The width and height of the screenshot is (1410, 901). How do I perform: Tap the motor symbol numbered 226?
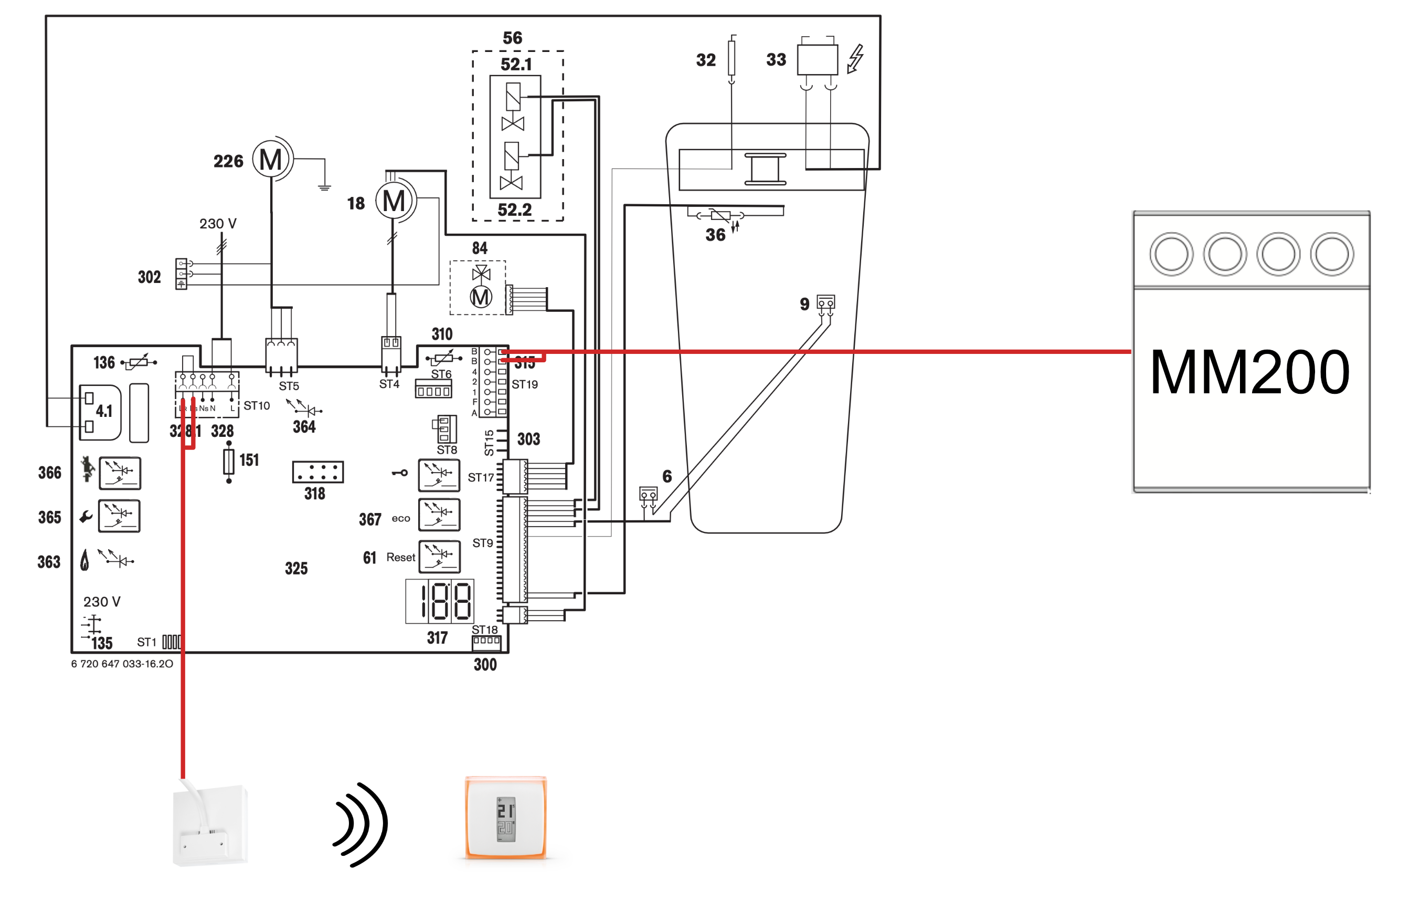pyautogui.click(x=271, y=159)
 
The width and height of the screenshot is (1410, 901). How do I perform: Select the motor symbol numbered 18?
pyautogui.click(x=394, y=202)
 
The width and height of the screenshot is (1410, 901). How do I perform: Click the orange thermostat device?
pyautogui.click(x=505, y=817)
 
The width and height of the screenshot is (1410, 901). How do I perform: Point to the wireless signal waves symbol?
pyautogui.click(x=361, y=824)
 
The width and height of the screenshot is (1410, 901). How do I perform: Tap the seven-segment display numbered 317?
pyautogui.click(x=440, y=601)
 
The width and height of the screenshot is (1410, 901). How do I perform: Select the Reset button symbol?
pyautogui.click(x=439, y=557)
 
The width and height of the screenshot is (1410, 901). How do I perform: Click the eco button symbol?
pyautogui.click(x=439, y=515)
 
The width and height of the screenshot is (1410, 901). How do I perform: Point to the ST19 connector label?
pyautogui.click(x=525, y=385)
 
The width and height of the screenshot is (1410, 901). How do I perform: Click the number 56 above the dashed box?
pyautogui.click(x=512, y=38)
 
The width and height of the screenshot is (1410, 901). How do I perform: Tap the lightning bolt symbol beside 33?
pyautogui.click(x=855, y=59)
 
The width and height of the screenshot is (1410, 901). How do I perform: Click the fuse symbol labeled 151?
pyautogui.click(x=229, y=462)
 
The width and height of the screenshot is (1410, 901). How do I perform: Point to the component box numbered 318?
pyautogui.click(x=318, y=472)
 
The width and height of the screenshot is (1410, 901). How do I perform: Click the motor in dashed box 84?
pyautogui.click(x=481, y=297)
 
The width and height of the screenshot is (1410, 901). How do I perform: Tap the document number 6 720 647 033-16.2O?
pyautogui.click(x=122, y=664)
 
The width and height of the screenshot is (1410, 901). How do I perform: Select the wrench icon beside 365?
pyautogui.click(x=86, y=517)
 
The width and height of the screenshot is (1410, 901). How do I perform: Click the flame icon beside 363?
pyautogui.click(x=85, y=561)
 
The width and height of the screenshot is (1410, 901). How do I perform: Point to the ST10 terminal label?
pyautogui.click(x=257, y=406)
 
